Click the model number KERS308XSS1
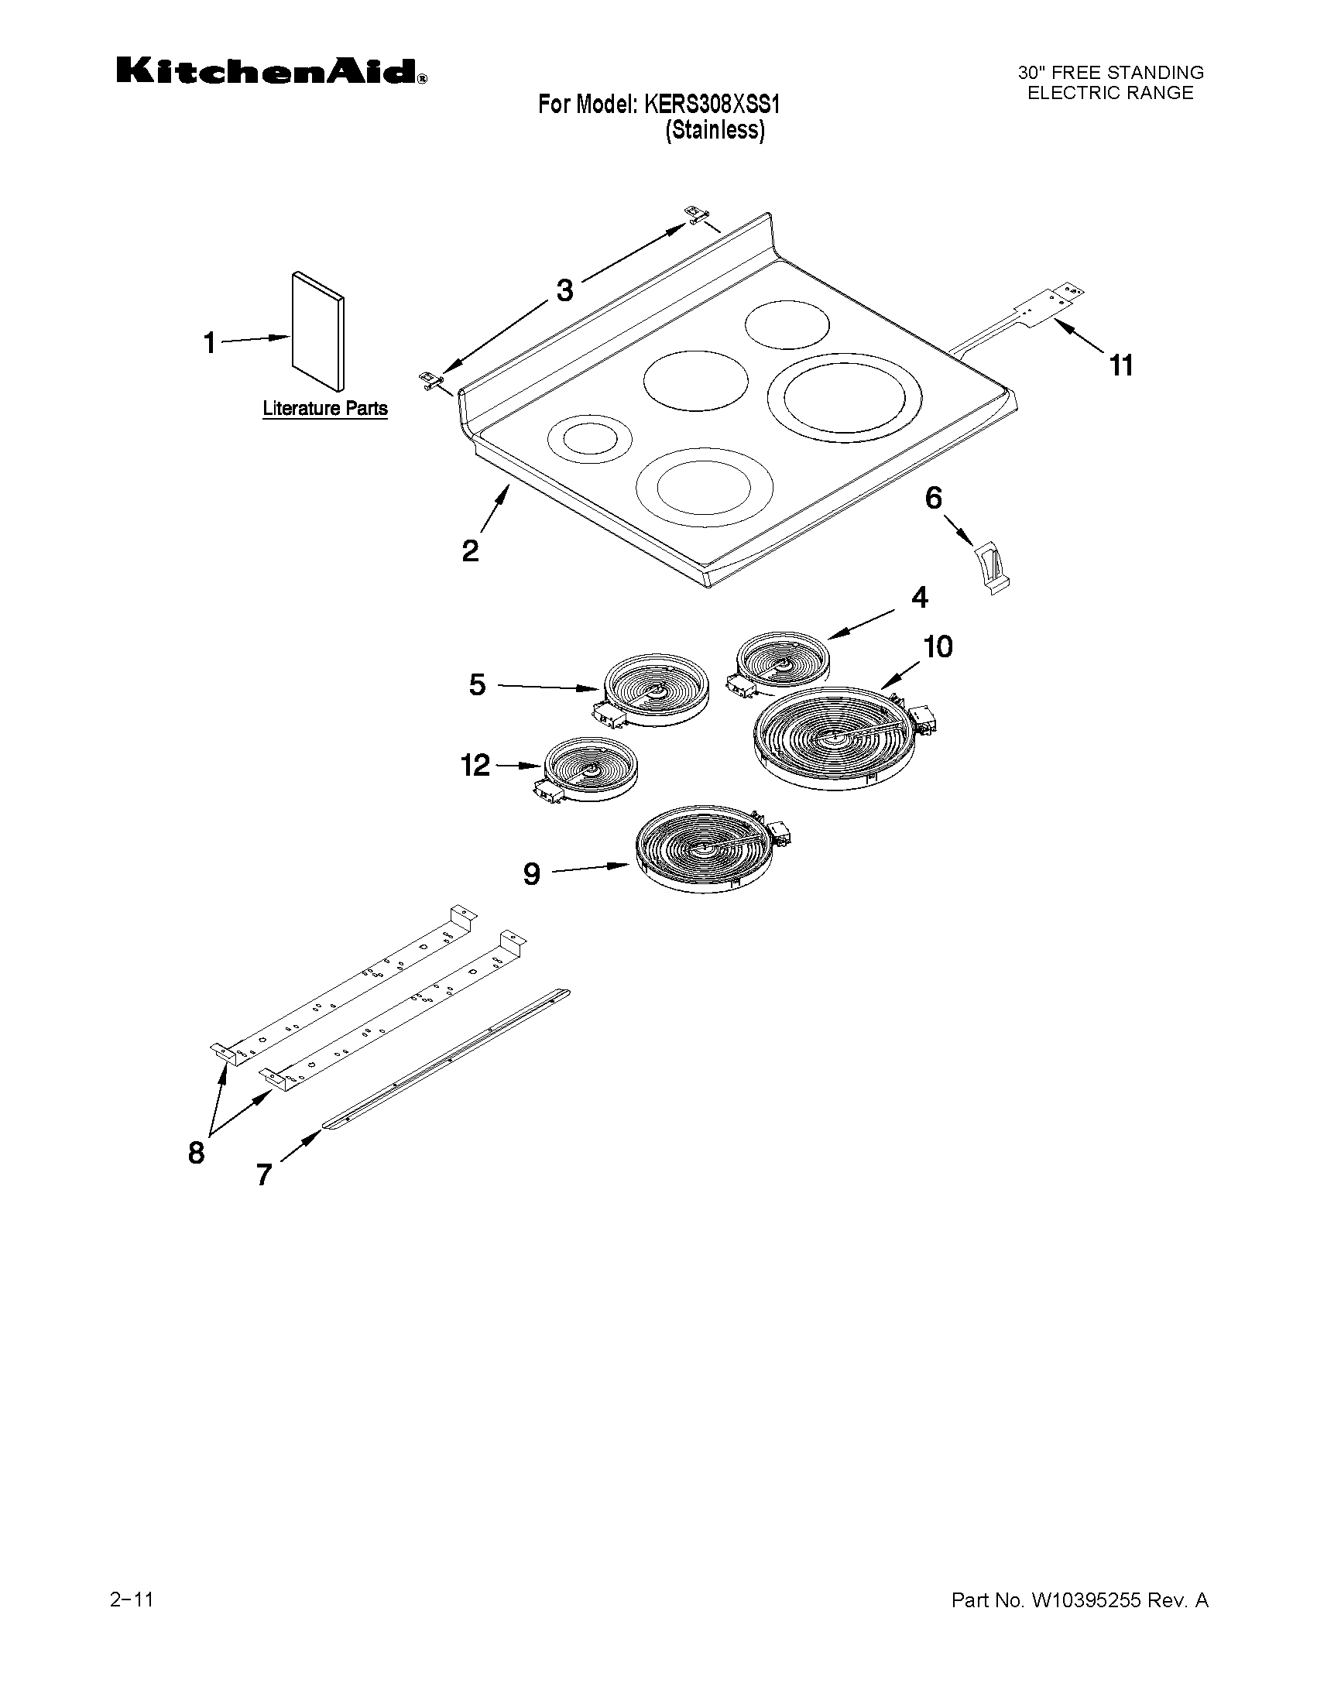(711, 104)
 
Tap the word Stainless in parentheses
(715, 129)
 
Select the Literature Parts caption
(324, 408)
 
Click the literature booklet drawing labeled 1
(317, 331)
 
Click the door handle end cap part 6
(990, 568)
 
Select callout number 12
(475, 765)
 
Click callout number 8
(196, 1151)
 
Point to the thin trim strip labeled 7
(447, 1059)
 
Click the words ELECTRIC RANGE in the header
(1110, 93)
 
